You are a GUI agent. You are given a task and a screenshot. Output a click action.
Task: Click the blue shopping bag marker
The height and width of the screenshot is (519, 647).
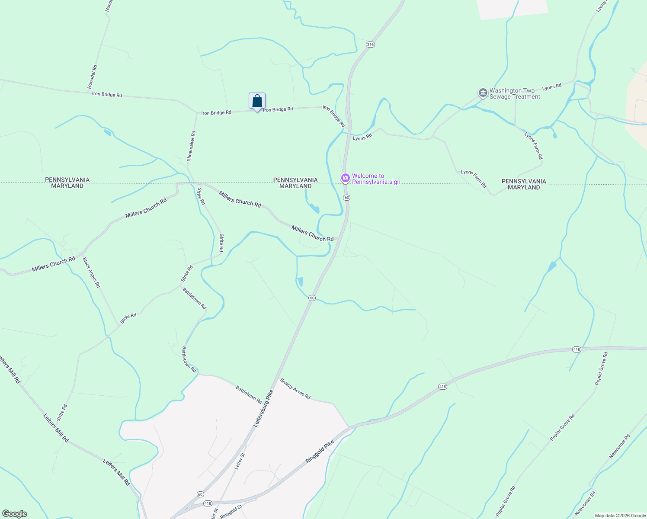(x=257, y=102)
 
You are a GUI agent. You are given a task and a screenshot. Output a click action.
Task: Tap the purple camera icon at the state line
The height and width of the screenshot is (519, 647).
(x=345, y=178)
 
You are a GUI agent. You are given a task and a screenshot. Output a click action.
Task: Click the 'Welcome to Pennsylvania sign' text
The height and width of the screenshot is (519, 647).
(x=376, y=179)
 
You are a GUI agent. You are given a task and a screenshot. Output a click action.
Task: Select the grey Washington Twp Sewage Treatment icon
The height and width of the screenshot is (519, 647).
(x=483, y=93)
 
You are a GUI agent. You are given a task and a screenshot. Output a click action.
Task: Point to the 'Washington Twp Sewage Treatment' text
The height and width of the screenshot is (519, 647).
(x=514, y=93)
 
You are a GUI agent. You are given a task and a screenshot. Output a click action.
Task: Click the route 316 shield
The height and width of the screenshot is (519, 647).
(x=370, y=45)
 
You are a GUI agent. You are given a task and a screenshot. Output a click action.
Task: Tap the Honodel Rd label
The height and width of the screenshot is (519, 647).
(x=93, y=77)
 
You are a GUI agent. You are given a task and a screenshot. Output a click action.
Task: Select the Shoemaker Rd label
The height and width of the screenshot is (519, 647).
(x=191, y=146)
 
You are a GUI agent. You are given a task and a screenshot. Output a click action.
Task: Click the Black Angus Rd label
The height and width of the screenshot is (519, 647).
(x=91, y=272)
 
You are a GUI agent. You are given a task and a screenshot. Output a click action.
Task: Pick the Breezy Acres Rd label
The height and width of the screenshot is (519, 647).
(x=295, y=388)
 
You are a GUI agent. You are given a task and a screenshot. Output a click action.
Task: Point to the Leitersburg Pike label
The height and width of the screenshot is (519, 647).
(x=263, y=409)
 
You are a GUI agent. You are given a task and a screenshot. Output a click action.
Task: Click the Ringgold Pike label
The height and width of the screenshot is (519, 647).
(x=320, y=452)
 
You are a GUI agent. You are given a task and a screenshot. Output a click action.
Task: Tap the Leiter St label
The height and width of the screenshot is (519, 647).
(x=240, y=461)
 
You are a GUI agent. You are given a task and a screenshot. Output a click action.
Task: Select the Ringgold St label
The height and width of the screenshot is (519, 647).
(x=231, y=511)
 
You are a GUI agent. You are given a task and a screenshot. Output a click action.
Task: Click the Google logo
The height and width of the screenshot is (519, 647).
(x=15, y=514)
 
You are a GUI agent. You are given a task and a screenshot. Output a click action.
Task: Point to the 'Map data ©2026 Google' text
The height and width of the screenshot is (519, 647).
(x=620, y=516)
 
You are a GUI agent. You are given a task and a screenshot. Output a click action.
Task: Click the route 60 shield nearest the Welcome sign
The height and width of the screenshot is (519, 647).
(x=347, y=198)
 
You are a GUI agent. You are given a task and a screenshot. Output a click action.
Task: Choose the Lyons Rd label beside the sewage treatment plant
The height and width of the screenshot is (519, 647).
(x=551, y=87)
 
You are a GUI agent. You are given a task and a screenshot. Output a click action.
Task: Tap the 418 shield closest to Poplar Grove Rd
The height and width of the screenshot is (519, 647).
(x=576, y=349)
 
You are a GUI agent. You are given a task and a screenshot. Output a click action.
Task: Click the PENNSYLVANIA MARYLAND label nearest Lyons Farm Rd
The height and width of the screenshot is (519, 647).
(x=524, y=184)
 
